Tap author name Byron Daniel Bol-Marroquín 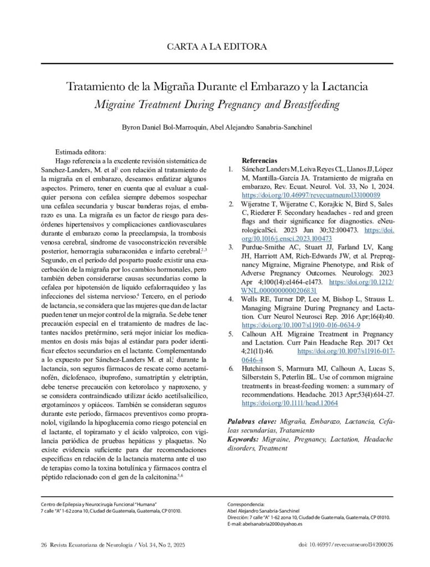point(163,127)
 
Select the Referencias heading point(260,159)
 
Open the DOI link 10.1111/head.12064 point(290,403)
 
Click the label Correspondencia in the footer point(246,504)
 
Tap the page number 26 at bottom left point(44,545)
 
